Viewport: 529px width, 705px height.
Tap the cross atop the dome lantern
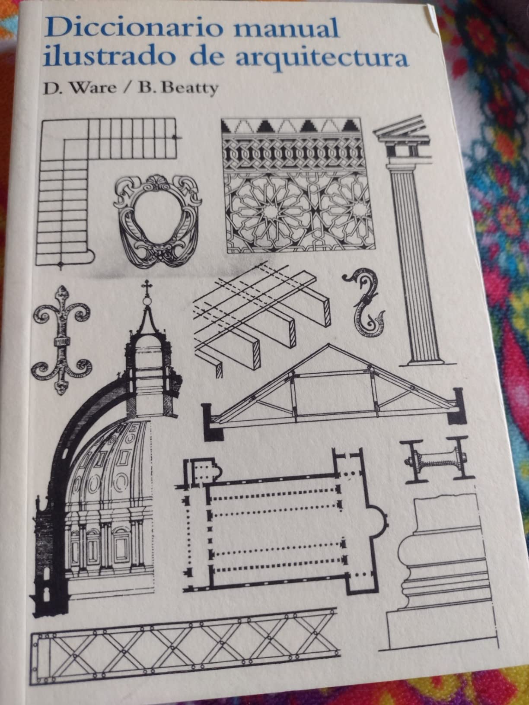(147, 287)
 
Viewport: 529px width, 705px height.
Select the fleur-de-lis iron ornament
(61, 339)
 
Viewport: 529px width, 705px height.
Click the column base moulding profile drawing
(437, 575)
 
